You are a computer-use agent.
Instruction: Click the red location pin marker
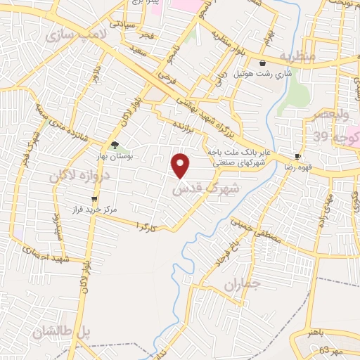(181, 166)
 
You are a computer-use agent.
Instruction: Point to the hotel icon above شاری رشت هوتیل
(262, 63)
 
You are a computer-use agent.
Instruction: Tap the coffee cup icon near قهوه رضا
(298, 156)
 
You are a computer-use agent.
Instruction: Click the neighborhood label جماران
(243, 284)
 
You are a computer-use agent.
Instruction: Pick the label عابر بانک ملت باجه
(238, 150)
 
